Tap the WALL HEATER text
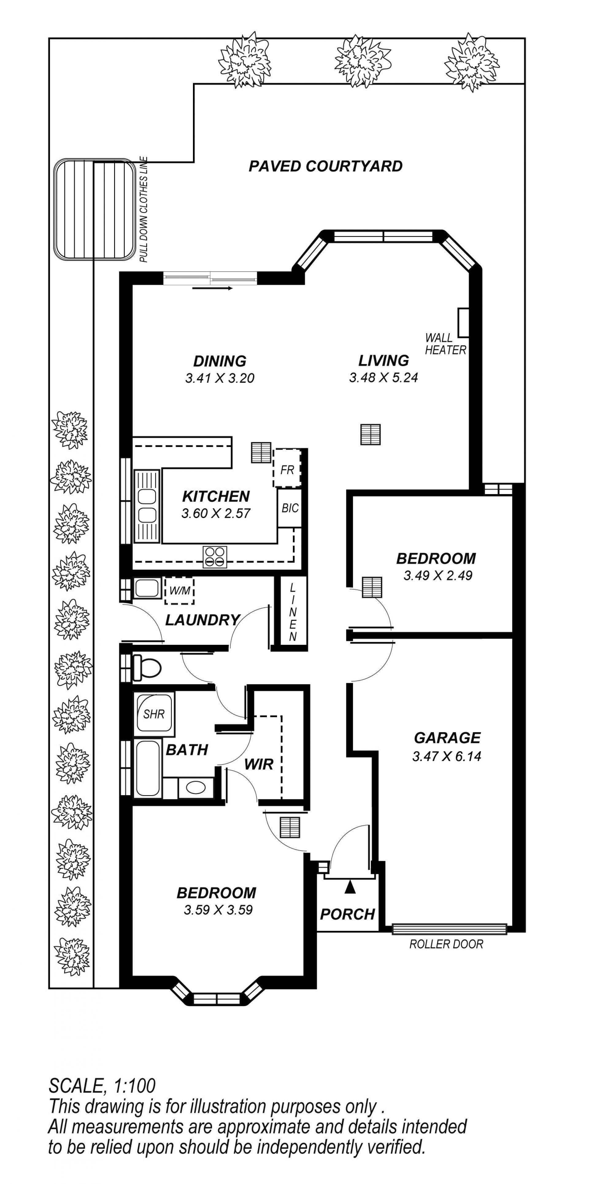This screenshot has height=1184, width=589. click(445, 344)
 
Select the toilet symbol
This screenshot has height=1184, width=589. click(147, 667)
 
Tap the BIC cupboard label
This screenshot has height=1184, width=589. click(290, 508)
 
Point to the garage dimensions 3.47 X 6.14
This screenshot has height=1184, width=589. click(447, 756)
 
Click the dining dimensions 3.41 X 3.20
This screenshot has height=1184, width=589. click(220, 378)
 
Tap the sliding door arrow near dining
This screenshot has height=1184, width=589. click(213, 288)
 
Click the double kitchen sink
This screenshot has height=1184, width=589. click(147, 505)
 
